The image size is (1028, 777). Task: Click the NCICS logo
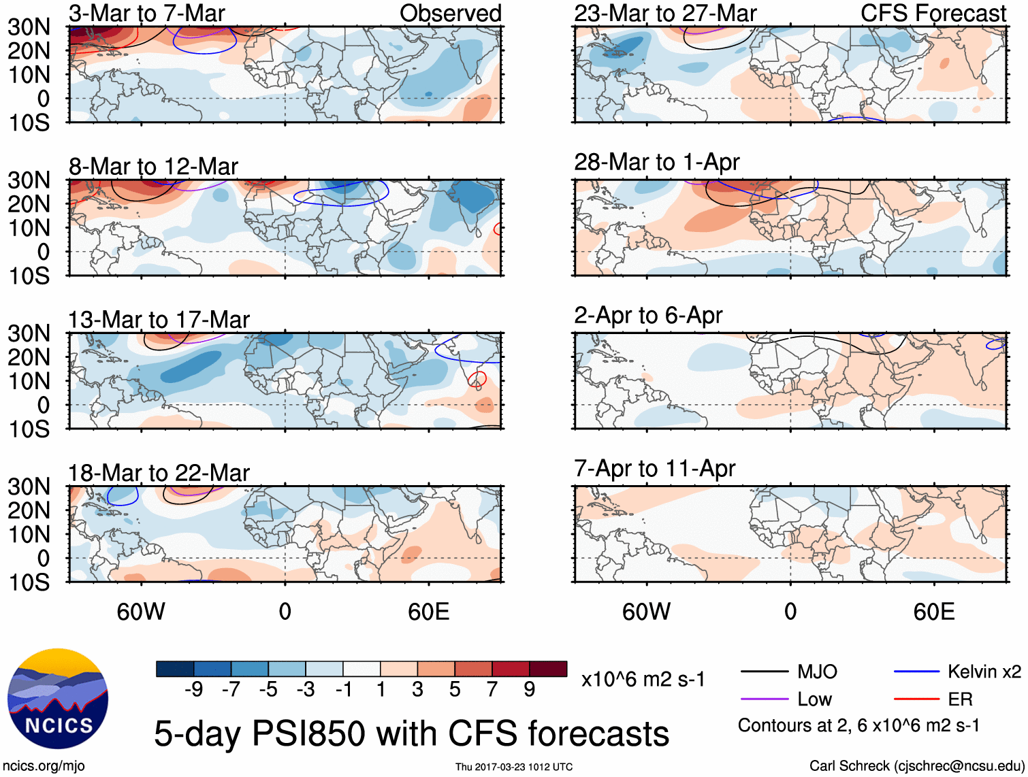[58, 699]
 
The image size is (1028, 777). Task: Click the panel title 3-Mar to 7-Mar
[146, 13]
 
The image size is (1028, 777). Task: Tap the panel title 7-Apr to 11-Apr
[654, 469]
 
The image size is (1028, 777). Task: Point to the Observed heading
[450, 13]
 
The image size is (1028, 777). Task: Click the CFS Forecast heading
[933, 13]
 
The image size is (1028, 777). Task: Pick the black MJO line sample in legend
[764, 672]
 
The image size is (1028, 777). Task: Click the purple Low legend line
[764, 699]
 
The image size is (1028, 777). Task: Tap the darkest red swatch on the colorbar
[548, 669]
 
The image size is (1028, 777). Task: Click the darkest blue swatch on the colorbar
[174, 669]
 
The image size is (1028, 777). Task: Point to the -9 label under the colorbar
[193, 690]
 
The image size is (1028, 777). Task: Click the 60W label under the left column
[141, 612]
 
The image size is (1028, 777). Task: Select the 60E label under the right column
[933, 612]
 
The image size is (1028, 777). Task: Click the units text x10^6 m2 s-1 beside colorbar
[643, 680]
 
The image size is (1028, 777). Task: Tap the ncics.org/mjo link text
[44, 766]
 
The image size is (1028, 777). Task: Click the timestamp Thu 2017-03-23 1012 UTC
[514, 767]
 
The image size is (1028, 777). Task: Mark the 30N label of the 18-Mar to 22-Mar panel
[29, 487]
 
